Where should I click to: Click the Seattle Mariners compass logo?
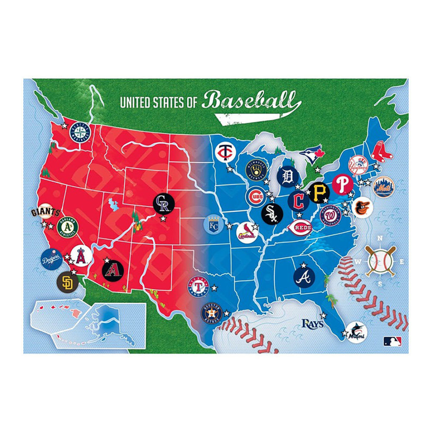79,132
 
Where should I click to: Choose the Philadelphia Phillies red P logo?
343,184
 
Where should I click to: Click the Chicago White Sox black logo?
272,213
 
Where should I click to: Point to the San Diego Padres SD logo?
67,282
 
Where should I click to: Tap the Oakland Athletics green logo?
67,226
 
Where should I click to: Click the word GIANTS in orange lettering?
44,212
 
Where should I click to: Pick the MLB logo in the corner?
392,341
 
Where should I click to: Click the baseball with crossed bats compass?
380,260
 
